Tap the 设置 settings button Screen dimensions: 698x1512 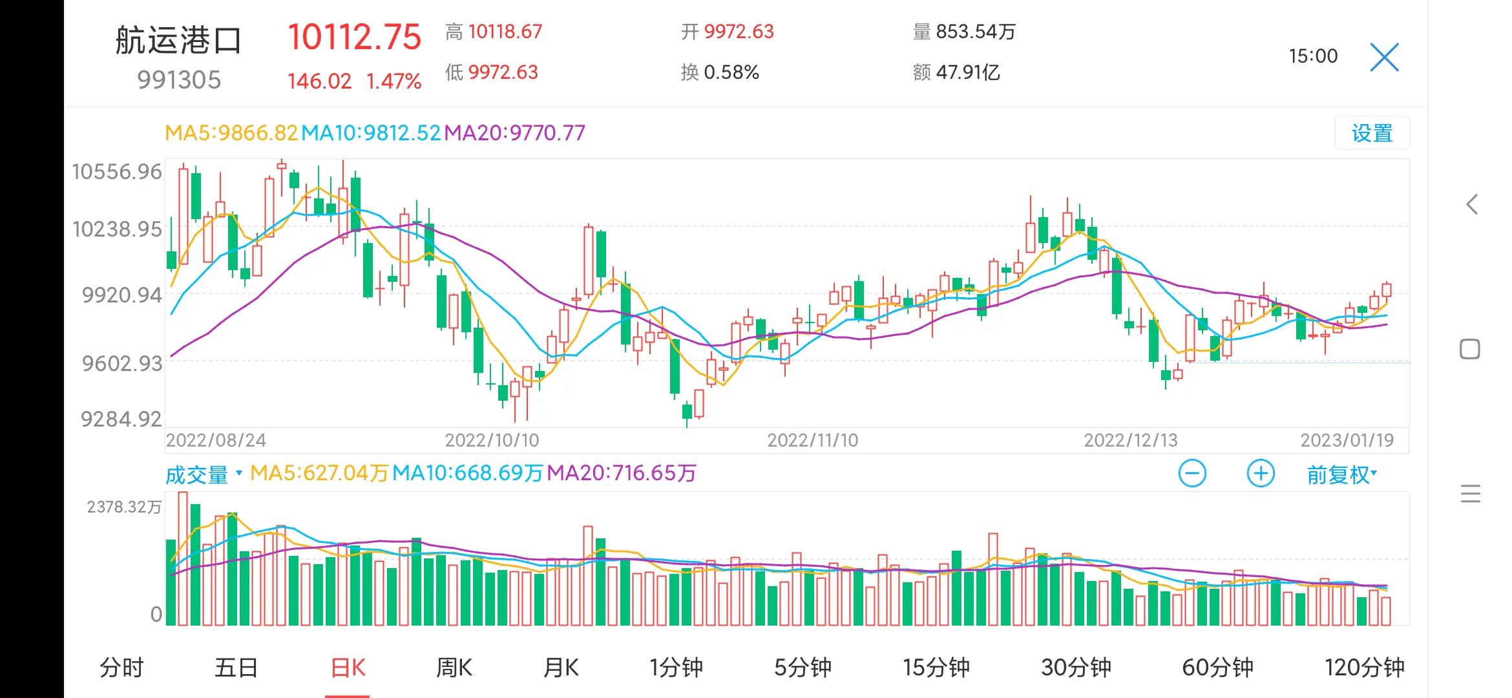coord(1371,134)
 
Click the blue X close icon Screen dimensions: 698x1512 coord(1384,58)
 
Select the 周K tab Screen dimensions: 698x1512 coord(454,668)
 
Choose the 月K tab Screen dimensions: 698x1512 coord(561,668)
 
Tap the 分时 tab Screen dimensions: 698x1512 coord(121,668)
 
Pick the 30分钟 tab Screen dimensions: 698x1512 coord(1076,668)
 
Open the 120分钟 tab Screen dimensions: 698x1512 coord(1364,668)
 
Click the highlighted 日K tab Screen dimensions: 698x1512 coord(348,668)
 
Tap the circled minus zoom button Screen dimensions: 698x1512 coord(1192,474)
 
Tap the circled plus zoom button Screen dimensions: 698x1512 coord(1260,474)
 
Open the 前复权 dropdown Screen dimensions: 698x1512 coord(1341,475)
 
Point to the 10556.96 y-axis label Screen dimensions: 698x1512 coord(117,172)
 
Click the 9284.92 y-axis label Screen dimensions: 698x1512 coord(121,419)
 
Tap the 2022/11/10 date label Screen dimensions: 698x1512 coord(812,441)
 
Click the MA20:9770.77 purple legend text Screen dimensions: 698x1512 coord(514,133)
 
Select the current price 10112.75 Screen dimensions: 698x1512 coord(354,37)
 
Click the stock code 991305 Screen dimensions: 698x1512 coord(179,80)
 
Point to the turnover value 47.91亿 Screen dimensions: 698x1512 coord(967,72)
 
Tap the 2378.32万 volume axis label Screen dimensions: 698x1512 coord(124,507)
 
